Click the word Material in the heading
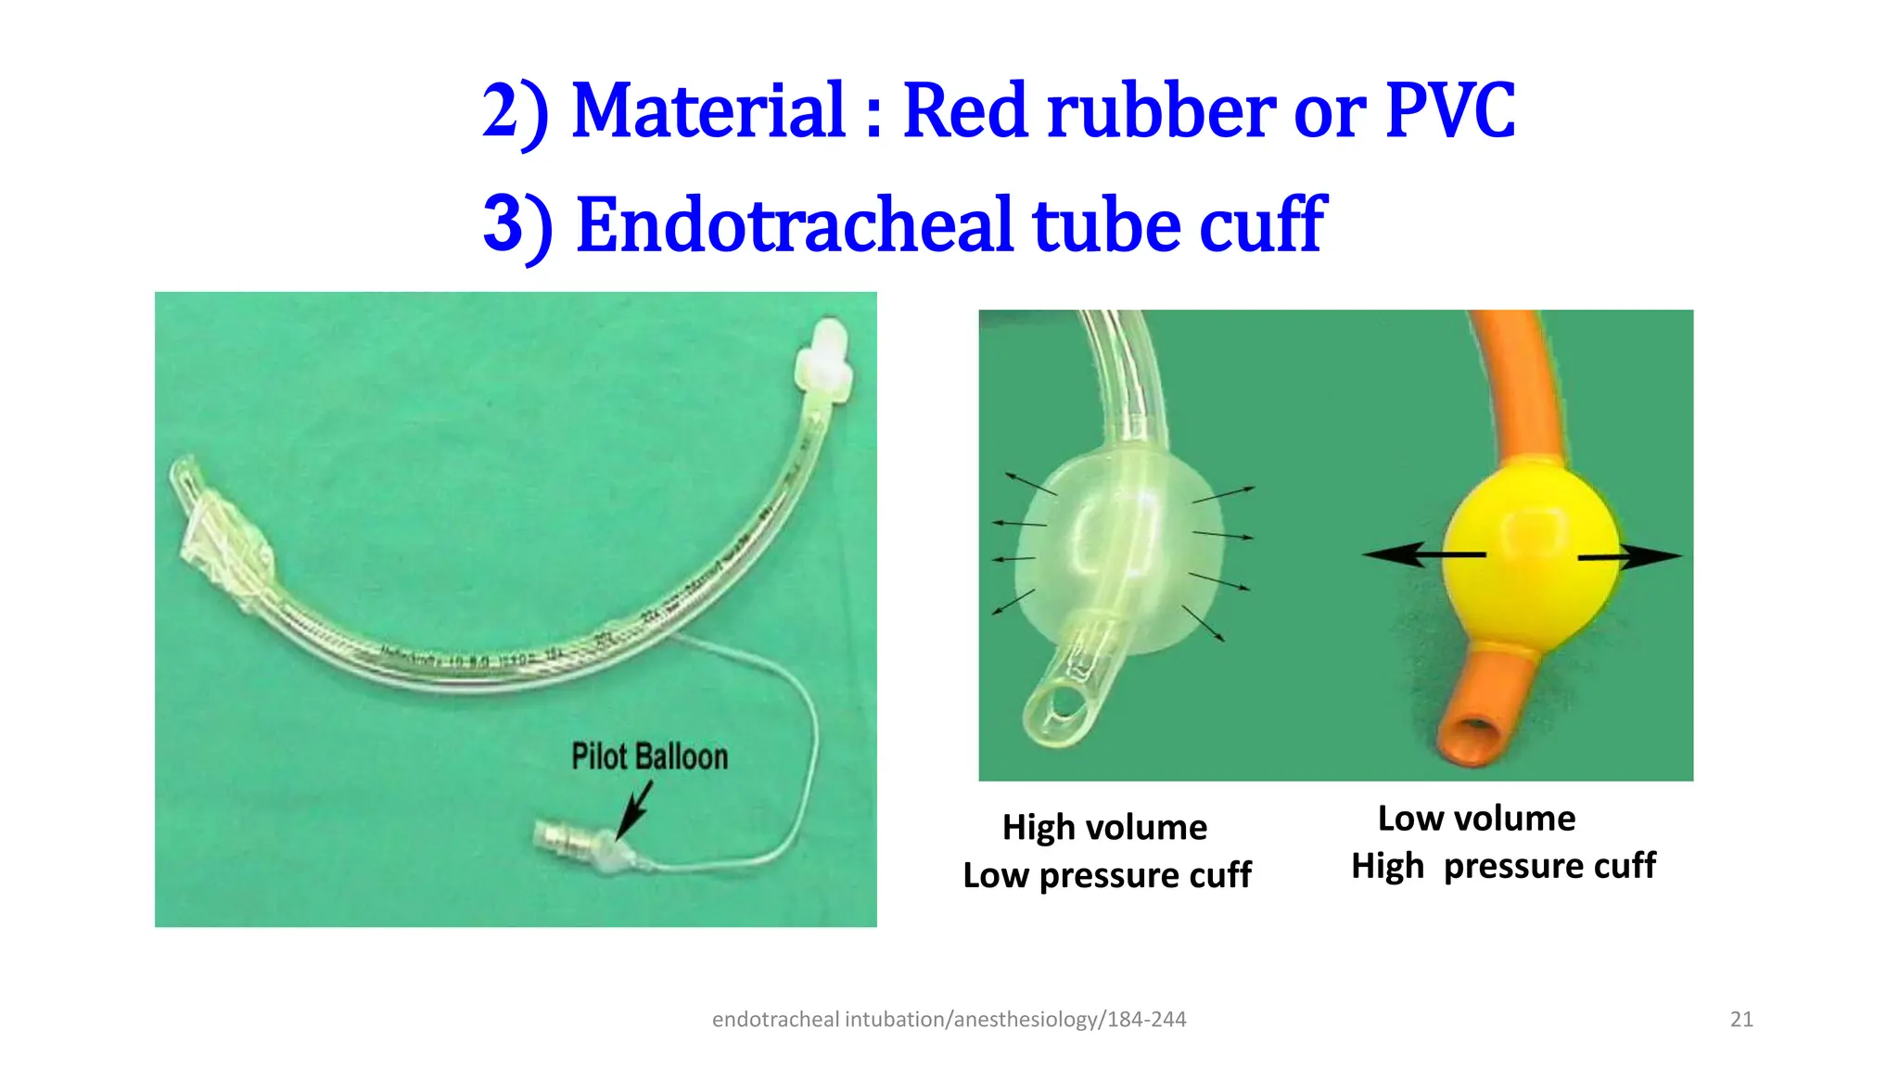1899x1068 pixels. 708,111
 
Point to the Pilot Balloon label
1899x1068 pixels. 649,756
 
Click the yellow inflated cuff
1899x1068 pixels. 1531,556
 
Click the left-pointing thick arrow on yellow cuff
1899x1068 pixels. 1423,554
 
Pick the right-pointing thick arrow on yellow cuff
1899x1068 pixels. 1629,556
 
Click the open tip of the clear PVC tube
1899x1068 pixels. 1059,710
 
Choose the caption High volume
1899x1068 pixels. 1104,827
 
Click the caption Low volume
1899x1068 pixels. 1476,819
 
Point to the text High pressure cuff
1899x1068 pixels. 1503,866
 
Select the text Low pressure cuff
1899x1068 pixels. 1107,875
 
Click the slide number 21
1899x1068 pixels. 1741,1020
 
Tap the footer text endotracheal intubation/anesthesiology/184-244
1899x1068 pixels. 949,1020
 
